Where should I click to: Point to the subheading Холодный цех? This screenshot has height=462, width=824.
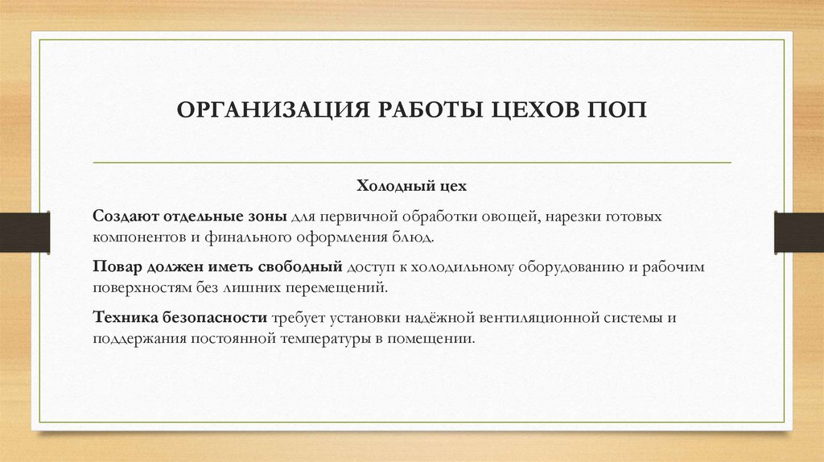(412, 187)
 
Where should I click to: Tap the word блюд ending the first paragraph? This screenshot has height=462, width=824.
(418, 238)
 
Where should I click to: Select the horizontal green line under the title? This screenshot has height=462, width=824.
(412, 163)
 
